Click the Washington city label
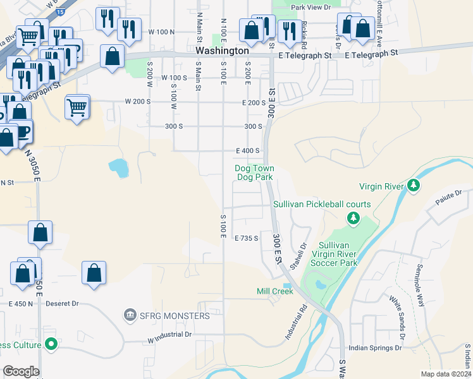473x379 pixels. (x=222, y=51)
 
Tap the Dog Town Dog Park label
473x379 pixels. (x=254, y=172)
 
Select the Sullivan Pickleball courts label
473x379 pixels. (x=322, y=204)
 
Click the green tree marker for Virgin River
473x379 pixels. (x=414, y=186)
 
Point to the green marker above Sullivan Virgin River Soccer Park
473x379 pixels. (x=353, y=219)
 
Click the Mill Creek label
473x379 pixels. (x=275, y=291)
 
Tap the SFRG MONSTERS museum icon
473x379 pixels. (x=130, y=315)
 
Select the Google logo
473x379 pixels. (x=21, y=371)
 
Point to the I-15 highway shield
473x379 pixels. (x=59, y=11)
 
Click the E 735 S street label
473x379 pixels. (x=247, y=238)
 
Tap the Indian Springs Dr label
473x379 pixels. (x=376, y=348)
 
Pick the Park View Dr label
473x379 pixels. (x=311, y=7)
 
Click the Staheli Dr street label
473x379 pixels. (x=297, y=255)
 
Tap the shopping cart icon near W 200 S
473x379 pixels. (x=77, y=107)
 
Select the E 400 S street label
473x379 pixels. (x=248, y=151)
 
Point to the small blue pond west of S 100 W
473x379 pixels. (x=118, y=167)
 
